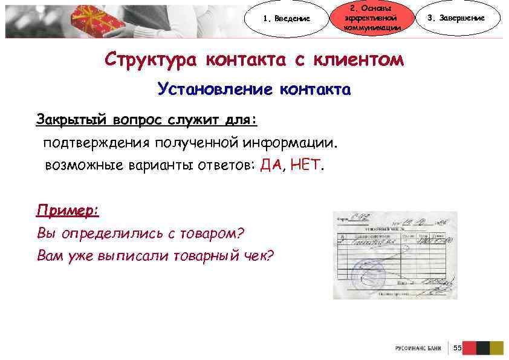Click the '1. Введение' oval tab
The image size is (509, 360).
287,18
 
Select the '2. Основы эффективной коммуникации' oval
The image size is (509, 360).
371,18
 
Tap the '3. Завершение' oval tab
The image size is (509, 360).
456,18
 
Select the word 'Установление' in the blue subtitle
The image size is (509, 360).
215,90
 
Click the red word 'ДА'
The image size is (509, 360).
271,165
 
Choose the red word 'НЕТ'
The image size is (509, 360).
306,165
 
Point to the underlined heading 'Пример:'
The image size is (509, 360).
67,211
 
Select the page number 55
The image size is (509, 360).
457,348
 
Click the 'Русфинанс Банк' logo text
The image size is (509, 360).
419,349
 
